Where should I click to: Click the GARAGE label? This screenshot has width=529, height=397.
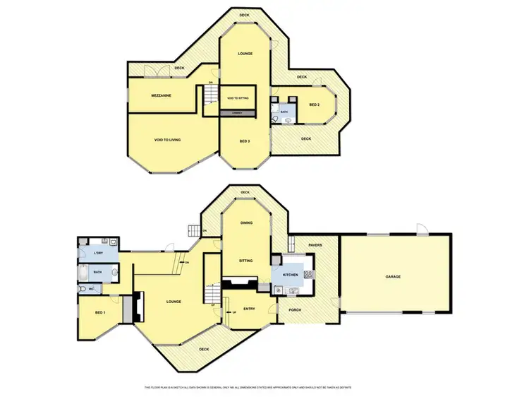(393, 276)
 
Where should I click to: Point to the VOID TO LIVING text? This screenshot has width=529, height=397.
(167, 140)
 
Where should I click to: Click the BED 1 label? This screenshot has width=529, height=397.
(101, 312)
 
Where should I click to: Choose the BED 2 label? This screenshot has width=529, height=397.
(314, 105)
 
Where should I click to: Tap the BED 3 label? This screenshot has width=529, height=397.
(245, 141)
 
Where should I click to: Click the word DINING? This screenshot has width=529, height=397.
(246, 223)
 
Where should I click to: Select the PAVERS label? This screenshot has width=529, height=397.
(315, 245)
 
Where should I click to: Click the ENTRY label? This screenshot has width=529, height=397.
(249, 309)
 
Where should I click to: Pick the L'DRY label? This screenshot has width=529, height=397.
(99, 253)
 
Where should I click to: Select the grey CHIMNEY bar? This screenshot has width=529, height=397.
(238, 113)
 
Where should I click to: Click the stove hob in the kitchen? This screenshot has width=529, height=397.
(308, 275)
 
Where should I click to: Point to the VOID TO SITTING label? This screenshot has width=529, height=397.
(238, 97)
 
